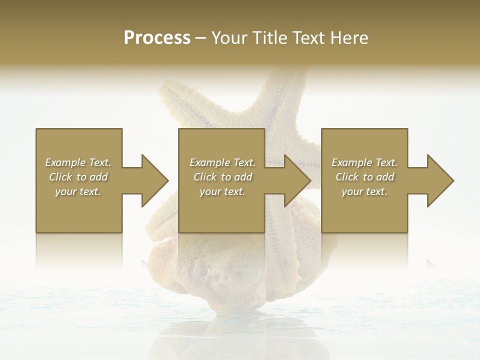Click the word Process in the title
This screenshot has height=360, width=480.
point(157,38)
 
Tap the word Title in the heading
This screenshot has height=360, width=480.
point(268,38)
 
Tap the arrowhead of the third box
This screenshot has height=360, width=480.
point(439,180)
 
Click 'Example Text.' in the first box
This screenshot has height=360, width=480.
point(78,162)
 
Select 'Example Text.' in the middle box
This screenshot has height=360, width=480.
point(222,162)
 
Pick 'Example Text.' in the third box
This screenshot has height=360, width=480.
point(364,162)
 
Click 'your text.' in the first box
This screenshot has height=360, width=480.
point(78,191)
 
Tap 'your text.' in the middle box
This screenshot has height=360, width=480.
point(222,191)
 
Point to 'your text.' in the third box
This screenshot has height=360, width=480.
point(364,191)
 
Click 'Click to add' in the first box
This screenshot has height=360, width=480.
point(78,177)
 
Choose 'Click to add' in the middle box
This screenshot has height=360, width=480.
point(222,177)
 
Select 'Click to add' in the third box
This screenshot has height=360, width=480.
point(364,177)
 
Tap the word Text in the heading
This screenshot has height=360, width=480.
point(305,38)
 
